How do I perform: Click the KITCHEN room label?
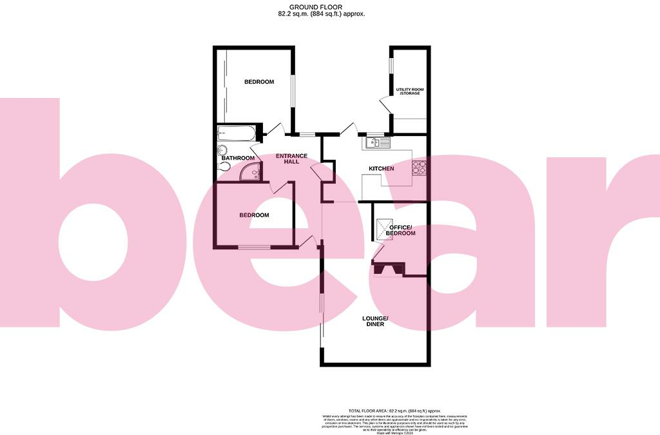coord(381,169)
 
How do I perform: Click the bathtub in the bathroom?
coord(237,134)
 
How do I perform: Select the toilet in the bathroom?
coord(224,166)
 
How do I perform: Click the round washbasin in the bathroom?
coord(222,147)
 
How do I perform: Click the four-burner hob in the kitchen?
coord(420,167)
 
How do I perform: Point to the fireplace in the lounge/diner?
coord(387,268)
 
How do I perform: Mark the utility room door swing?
coord(384,106)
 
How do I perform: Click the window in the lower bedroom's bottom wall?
coord(254,247)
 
